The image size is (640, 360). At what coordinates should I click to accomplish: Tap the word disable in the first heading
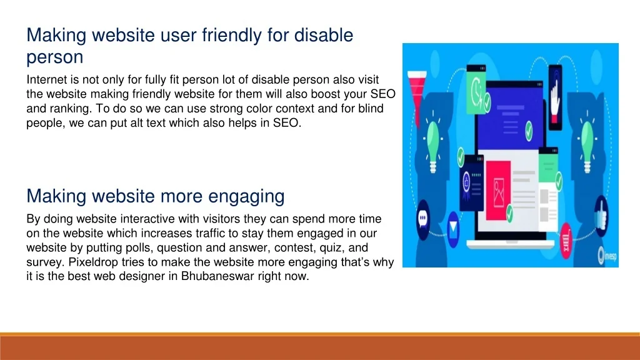324,35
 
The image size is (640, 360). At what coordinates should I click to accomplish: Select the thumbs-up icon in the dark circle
601,216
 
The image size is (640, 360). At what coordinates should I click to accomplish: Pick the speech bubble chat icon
423,219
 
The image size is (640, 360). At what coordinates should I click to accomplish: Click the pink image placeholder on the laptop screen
498,191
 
